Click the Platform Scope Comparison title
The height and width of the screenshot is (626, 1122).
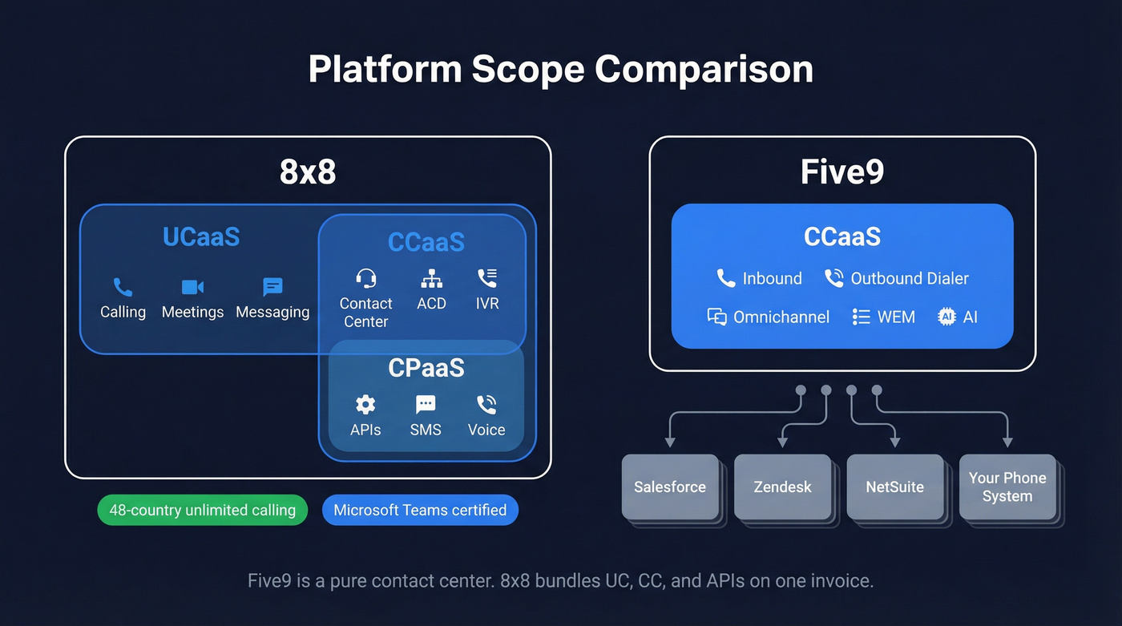click(560, 69)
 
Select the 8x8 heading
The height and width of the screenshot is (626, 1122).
click(308, 172)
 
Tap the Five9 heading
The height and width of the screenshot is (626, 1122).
click(841, 172)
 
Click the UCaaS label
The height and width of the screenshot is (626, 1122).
click(200, 237)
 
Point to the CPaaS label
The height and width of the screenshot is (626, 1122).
click(426, 368)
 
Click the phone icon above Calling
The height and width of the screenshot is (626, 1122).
click(123, 287)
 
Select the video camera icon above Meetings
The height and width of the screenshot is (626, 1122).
click(192, 287)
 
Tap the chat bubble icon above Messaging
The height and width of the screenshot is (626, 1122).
click(272, 287)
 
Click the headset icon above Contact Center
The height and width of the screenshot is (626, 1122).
click(365, 278)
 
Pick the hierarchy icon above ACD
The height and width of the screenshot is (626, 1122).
click(431, 278)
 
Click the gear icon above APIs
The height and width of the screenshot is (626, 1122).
click(365, 404)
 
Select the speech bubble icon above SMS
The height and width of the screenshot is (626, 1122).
click(426, 404)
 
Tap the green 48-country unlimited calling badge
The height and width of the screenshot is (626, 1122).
click(202, 510)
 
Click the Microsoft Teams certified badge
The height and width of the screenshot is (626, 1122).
click(420, 510)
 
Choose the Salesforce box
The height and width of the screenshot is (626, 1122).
click(670, 487)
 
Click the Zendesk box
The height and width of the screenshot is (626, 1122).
click(782, 487)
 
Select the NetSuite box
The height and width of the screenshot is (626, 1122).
click(894, 487)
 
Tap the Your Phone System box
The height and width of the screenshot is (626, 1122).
click(1007, 487)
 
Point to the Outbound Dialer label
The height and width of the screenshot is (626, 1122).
click(909, 278)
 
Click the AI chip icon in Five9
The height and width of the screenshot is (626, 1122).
click(946, 317)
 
